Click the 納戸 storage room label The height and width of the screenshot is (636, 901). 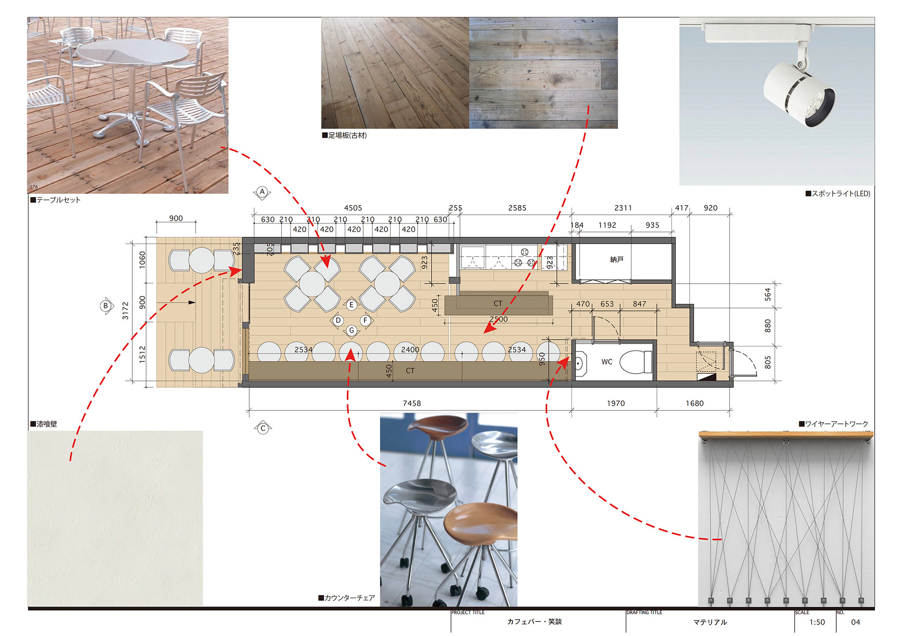pos(617,260)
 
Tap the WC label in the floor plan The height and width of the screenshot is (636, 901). pos(607,362)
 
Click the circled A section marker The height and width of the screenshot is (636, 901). pos(262,192)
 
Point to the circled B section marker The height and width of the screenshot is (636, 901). pos(106,306)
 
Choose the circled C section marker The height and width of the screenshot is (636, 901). pos(263,428)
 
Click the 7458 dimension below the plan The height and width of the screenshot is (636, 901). pos(412,403)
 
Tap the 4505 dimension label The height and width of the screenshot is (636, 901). pos(353,208)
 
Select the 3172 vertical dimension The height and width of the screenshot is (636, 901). pos(125,311)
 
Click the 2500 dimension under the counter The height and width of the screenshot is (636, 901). pos(498,319)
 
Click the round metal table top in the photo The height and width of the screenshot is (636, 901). pos(133,53)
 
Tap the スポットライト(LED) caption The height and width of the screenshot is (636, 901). pos(838,193)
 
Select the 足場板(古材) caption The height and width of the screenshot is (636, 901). pos(344,135)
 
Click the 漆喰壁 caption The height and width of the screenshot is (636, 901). pos(44,424)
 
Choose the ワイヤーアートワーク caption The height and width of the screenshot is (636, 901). pos(833,424)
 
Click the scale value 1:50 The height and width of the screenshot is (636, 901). pos(817,622)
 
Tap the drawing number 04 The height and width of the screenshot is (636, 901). pos(855,622)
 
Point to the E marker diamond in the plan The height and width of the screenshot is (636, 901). pos(351,305)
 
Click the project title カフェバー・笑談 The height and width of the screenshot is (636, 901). pos(534,621)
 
